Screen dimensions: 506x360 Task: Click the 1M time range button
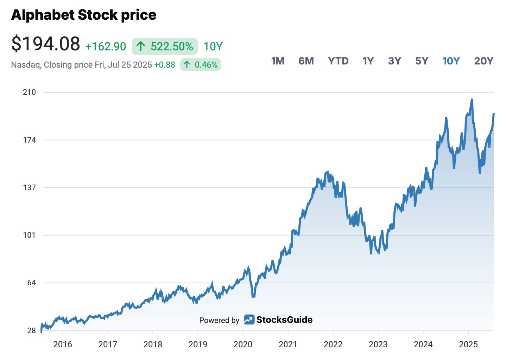pyautogui.click(x=278, y=61)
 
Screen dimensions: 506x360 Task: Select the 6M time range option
pyautogui.click(x=306, y=61)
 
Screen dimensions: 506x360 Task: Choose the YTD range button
pyautogui.click(x=338, y=61)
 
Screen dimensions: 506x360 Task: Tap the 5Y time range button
pyautogui.click(x=422, y=61)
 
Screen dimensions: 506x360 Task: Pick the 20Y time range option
pyautogui.click(x=483, y=61)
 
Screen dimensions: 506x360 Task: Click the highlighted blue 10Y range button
pyautogui.click(x=451, y=61)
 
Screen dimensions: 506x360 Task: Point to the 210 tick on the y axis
pyautogui.click(x=29, y=92)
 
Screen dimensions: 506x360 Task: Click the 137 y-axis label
pyautogui.click(x=29, y=187)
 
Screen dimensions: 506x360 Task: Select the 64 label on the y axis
pyautogui.click(x=31, y=283)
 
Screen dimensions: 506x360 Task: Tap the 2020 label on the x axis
pyautogui.click(x=243, y=345)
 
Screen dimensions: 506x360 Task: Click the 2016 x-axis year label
pyautogui.click(x=63, y=345)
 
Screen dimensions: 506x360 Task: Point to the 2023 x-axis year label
pyautogui.click(x=378, y=345)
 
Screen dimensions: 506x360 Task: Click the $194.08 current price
pyautogui.click(x=46, y=44)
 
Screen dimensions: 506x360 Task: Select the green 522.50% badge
pyautogui.click(x=165, y=46)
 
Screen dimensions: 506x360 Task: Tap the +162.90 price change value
pyautogui.click(x=106, y=46)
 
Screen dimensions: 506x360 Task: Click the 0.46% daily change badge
pyautogui.click(x=200, y=65)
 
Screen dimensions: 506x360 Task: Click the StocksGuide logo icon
pyautogui.click(x=249, y=319)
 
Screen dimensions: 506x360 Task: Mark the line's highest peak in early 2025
pyautogui.click(x=472, y=99)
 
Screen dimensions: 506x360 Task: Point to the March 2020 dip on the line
pyautogui.click(x=253, y=296)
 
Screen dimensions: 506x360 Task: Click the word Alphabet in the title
pyautogui.click(x=43, y=15)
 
